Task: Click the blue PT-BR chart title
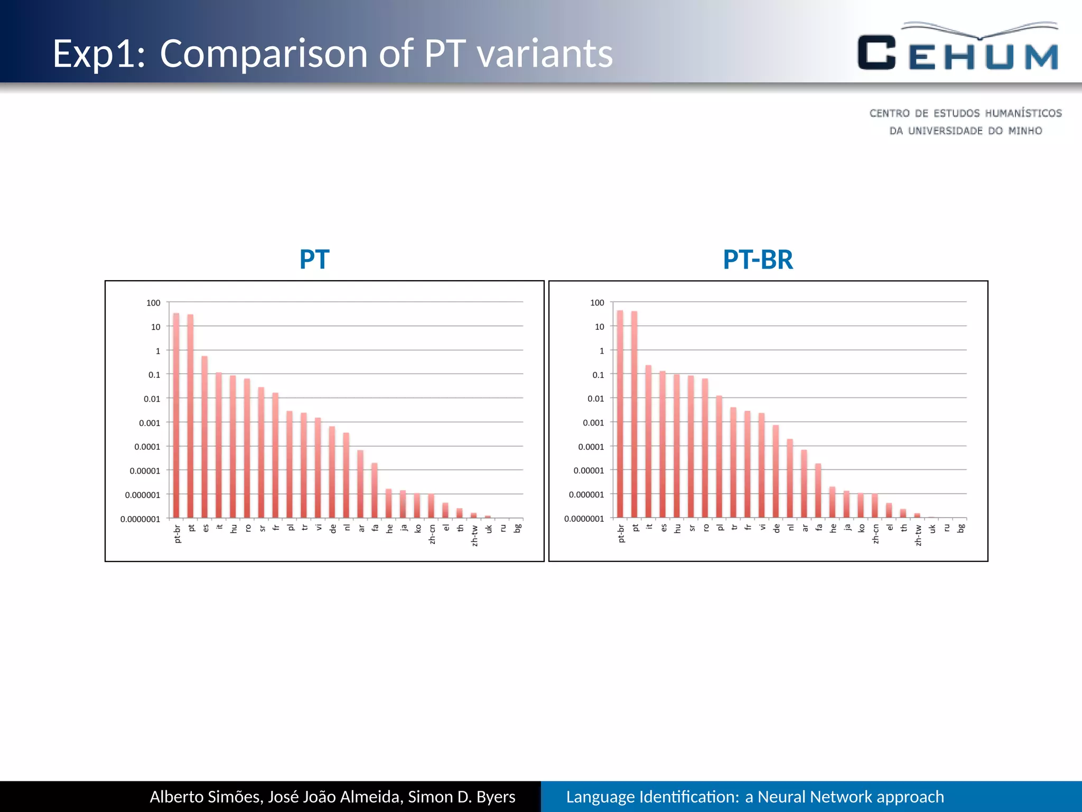(x=758, y=260)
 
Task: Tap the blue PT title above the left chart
(x=314, y=260)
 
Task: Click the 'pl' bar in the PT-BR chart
(x=719, y=457)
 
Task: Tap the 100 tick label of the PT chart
(x=153, y=303)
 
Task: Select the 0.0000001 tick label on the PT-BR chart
(x=584, y=519)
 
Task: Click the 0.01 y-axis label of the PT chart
(x=152, y=399)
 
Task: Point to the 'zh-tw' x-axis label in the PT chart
(x=475, y=536)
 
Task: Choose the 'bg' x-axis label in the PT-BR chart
(x=962, y=528)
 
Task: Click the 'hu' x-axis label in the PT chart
(x=234, y=528)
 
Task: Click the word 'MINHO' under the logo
(x=1025, y=131)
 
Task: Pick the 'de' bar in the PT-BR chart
(x=776, y=471)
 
